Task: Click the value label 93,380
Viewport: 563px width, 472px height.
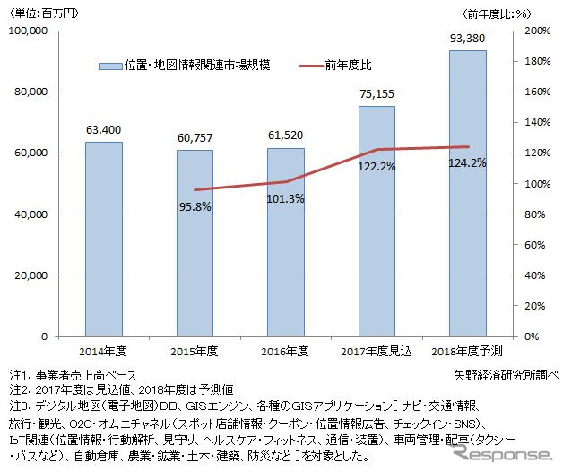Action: tap(467, 38)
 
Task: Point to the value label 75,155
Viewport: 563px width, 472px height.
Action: tap(377, 94)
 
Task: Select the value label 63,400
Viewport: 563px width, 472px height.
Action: tap(104, 130)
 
